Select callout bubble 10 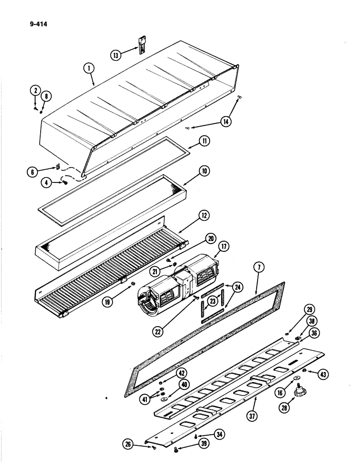(204, 171)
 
